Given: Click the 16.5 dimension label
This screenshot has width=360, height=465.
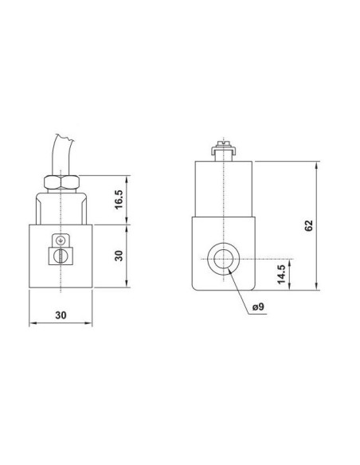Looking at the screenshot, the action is coord(119,199).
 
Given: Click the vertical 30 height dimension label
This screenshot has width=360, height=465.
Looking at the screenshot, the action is coord(119,256).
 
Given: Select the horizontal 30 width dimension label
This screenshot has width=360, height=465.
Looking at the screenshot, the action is coord(61,315).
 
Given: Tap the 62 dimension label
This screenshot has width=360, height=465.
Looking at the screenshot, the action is coord(308,225).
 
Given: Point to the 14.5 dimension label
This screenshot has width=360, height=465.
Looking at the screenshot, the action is coord(281,275).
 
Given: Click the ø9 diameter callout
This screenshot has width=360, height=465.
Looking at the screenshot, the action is coord(258,307).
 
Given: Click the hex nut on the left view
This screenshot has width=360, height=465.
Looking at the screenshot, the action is coord(61,182).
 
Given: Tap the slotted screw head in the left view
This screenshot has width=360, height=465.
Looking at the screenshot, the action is coord(61,256).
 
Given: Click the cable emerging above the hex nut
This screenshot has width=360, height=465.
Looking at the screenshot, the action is coord(62,154).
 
